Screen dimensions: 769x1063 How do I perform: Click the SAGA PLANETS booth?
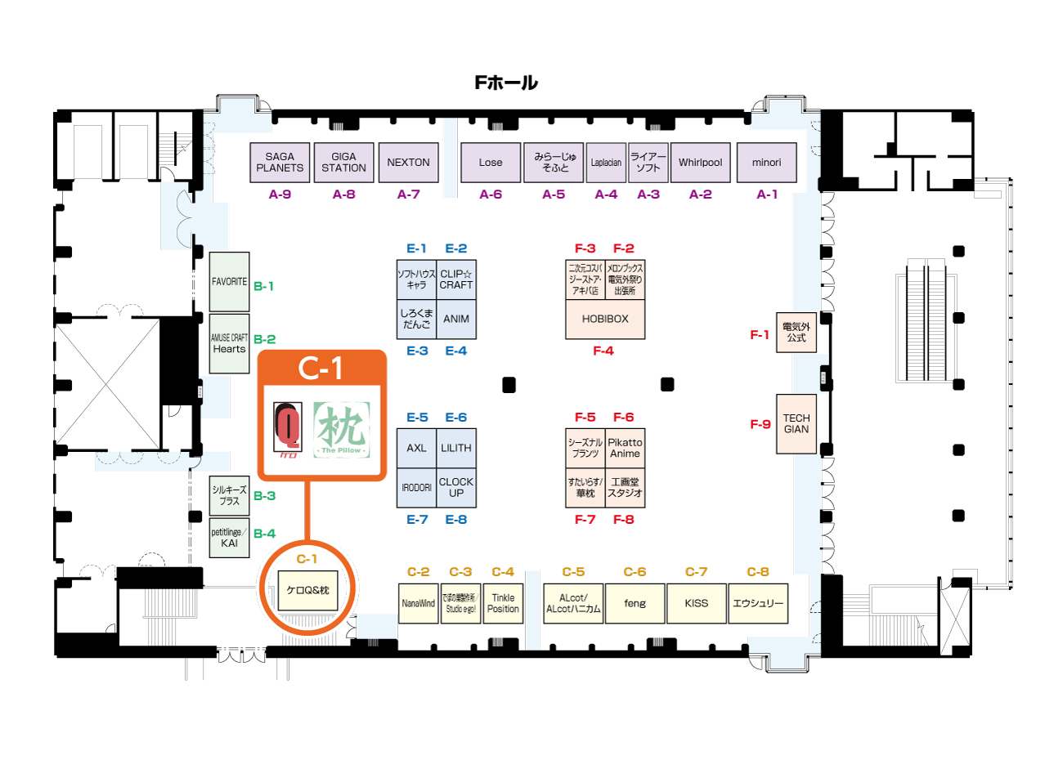pos(280,163)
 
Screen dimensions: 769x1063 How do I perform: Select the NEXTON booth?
pos(408,163)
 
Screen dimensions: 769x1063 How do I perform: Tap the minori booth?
pos(766,163)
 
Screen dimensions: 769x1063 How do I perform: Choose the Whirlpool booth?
pos(700,163)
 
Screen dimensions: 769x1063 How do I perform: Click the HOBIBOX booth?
pos(605,320)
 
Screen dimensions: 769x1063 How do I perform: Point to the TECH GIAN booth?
pos(796,424)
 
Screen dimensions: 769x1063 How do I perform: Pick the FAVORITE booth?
pos(229,282)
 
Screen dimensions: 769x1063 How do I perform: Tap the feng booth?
pos(635,604)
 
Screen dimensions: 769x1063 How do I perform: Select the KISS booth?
pos(697,604)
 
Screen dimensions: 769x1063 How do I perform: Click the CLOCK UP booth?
pos(456,488)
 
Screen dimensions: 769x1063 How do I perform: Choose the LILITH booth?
pos(456,449)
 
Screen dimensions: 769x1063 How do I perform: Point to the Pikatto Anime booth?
pos(625,449)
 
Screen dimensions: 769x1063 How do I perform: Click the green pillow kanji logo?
pos(342,429)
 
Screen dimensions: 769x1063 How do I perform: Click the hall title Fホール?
pos(506,83)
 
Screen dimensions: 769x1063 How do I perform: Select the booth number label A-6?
pos(491,194)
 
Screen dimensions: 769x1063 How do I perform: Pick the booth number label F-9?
pos(760,424)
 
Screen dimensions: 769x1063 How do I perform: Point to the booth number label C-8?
pos(758,572)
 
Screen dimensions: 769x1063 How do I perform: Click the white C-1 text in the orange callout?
pos(321,369)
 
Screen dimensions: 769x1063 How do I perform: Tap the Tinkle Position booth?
pos(503,604)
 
